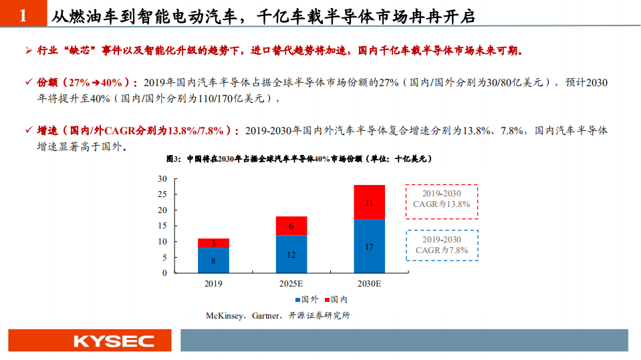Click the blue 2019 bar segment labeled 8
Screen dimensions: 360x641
(213, 260)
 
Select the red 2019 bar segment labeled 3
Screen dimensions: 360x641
(213, 243)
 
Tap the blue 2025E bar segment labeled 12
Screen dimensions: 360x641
(291, 254)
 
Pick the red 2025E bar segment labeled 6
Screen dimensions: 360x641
(291, 226)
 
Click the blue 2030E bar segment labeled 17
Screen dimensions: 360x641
(369, 246)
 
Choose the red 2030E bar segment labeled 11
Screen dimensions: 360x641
(369, 202)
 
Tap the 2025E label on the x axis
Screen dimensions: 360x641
(291, 283)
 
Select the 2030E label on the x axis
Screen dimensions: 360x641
(369, 283)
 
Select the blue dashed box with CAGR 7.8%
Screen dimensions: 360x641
(441, 244)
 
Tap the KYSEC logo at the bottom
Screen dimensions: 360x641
(113, 341)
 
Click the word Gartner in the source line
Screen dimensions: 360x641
(266, 315)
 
